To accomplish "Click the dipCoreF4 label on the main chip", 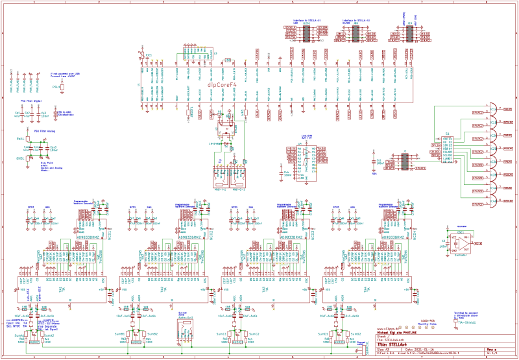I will (x=222, y=84).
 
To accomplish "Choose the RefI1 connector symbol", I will (x=21, y=139).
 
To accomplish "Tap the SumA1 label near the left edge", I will (x=19, y=335).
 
